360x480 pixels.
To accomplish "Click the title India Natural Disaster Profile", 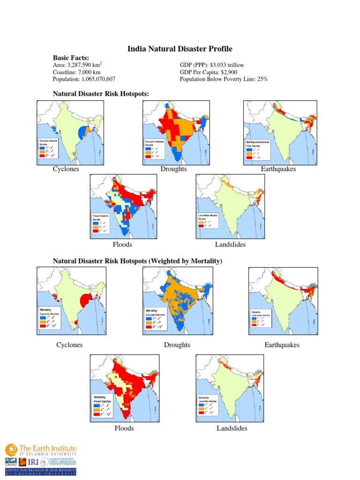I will [180, 49].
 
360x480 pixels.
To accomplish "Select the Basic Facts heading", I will [71, 57].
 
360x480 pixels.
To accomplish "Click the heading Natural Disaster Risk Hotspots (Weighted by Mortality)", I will [137, 261].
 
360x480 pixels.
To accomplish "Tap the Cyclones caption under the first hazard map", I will [66, 169].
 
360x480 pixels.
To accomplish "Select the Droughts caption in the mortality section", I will [177, 345].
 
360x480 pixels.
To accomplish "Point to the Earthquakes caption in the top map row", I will [278, 169].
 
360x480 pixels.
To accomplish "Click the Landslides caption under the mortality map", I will [232, 428].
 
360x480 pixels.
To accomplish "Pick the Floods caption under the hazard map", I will [122, 245].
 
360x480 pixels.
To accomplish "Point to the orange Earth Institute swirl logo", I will [11, 450].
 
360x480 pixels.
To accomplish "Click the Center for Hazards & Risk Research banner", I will [41, 471].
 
